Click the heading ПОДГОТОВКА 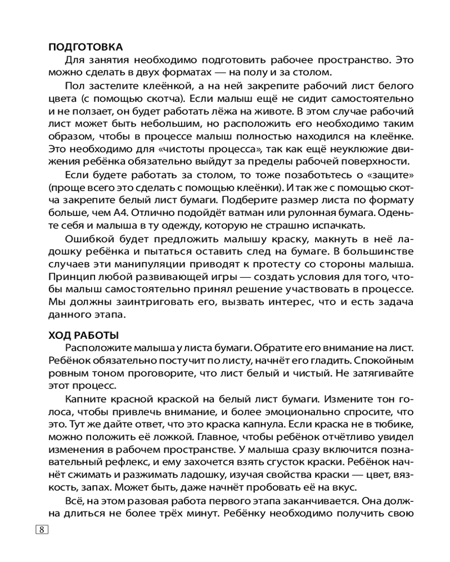(x=85, y=47)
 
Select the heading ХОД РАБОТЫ (x=84, y=336)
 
